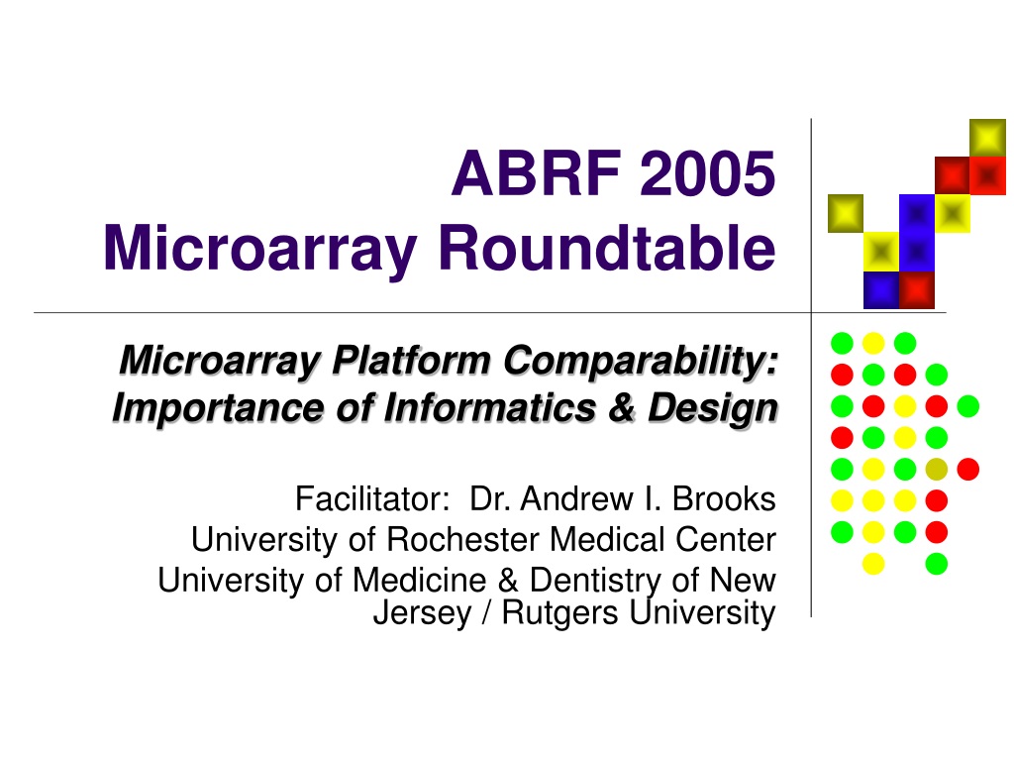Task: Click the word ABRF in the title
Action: (536, 173)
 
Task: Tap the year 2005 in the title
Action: (707, 173)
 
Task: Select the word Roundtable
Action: (607, 248)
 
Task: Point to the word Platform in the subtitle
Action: (411, 360)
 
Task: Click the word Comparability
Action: (641, 361)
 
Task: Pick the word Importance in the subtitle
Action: (217, 409)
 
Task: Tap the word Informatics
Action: (489, 408)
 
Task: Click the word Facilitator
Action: (372, 499)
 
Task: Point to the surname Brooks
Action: (724, 499)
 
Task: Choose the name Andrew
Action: (577, 499)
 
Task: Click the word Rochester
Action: (462, 540)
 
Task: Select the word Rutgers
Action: (560, 612)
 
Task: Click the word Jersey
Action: (423, 612)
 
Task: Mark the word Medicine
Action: (419, 580)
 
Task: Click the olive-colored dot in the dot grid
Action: (937, 469)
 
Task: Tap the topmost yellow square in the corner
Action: (987, 138)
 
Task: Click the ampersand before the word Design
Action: (622, 409)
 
